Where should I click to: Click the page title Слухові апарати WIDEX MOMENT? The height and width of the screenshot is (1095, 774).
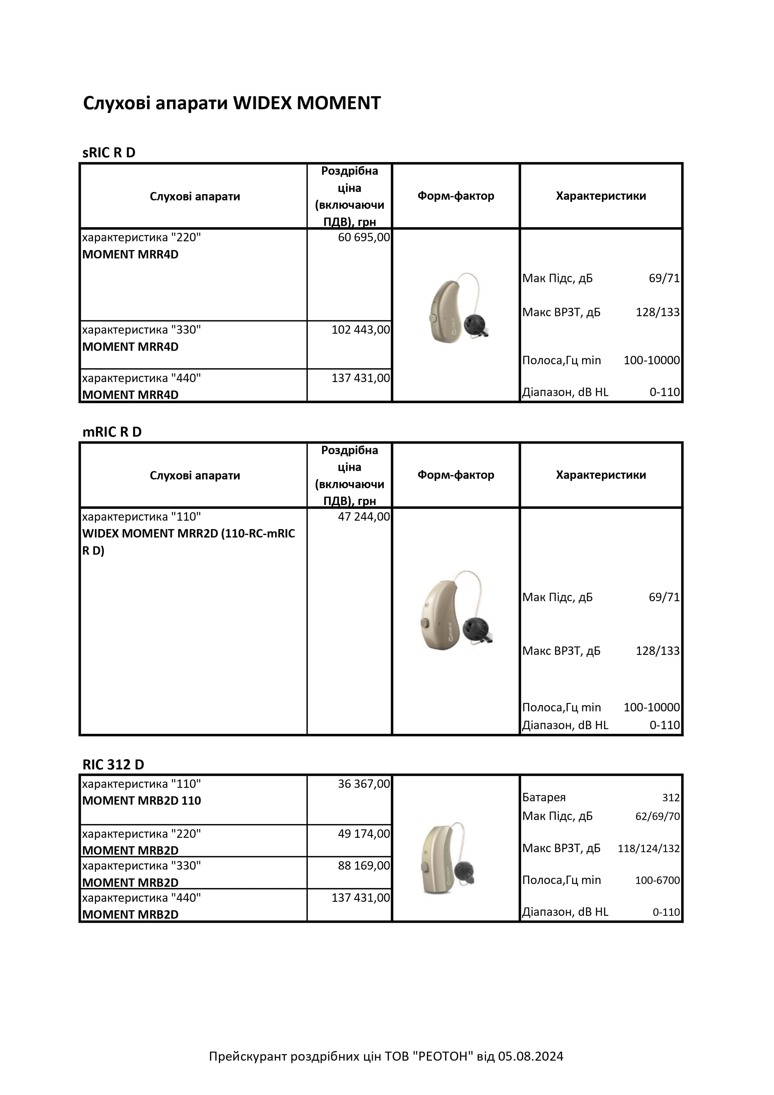[x=232, y=103]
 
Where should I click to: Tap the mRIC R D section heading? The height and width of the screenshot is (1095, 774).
[x=112, y=432]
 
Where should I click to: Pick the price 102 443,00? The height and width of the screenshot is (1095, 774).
[x=360, y=330]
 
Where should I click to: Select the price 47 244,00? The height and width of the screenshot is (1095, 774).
[x=364, y=517]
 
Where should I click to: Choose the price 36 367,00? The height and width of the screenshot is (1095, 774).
[x=364, y=783]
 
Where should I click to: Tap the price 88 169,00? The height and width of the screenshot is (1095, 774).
[x=364, y=865]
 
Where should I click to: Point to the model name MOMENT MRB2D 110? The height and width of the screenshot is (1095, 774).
[x=142, y=800]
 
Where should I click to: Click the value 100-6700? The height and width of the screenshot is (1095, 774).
[x=657, y=880]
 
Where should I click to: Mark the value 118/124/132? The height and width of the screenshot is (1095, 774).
[x=649, y=848]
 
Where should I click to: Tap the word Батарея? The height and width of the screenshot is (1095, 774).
[x=544, y=798]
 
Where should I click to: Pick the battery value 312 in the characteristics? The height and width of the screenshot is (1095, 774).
[x=670, y=798]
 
